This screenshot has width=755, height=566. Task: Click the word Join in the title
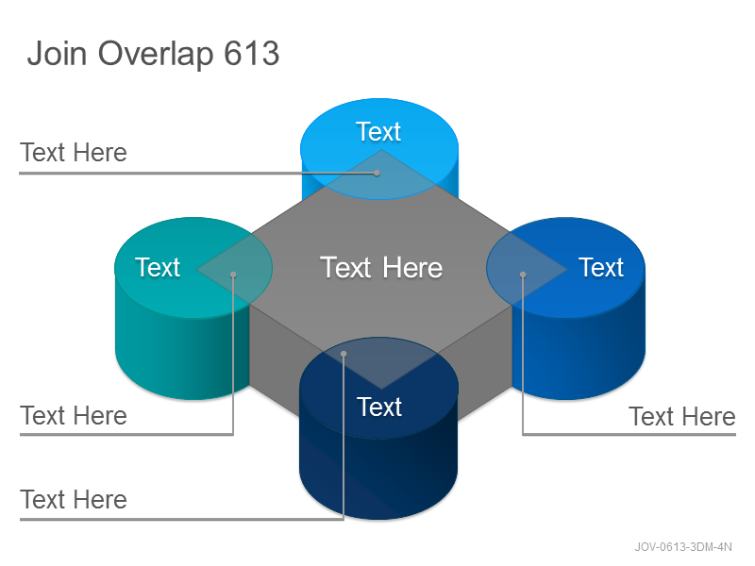(57, 53)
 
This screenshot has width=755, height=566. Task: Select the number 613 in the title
(251, 53)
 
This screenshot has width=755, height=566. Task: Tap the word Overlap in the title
(156, 54)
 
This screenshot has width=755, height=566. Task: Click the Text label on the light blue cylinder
(378, 131)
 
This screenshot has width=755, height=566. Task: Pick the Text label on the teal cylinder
(158, 267)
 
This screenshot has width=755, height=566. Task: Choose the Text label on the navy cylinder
(379, 407)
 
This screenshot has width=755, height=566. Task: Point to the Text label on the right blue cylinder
(601, 267)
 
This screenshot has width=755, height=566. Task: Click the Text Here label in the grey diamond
(381, 267)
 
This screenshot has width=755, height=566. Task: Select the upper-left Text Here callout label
(74, 153)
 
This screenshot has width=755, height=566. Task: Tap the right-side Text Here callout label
(682, 416)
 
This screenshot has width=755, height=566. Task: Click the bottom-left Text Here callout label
(74, 499)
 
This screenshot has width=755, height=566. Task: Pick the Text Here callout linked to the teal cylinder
(74, 415)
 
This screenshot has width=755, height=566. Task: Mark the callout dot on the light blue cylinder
(377, 173)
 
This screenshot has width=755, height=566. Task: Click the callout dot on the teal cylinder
(233, 275)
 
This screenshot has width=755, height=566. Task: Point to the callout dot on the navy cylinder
(344, 355)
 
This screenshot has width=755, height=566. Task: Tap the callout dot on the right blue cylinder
(523, 275)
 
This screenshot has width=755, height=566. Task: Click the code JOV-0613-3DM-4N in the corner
(683, 547)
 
